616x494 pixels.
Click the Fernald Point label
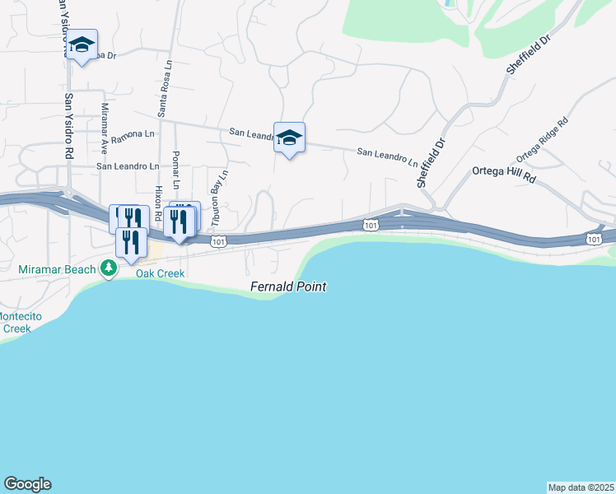click(288, 287)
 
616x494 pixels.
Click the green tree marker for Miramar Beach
click(108, 268)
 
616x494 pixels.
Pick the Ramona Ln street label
click(133, 133)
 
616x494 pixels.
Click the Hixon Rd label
click(156, 203)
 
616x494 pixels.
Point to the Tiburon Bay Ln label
click(218, 198)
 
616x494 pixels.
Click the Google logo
click(27, 484)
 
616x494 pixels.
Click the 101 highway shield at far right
click(594, 238)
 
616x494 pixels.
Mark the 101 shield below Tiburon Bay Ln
click(217, 240)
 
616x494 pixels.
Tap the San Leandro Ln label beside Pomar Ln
click(128, 165)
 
